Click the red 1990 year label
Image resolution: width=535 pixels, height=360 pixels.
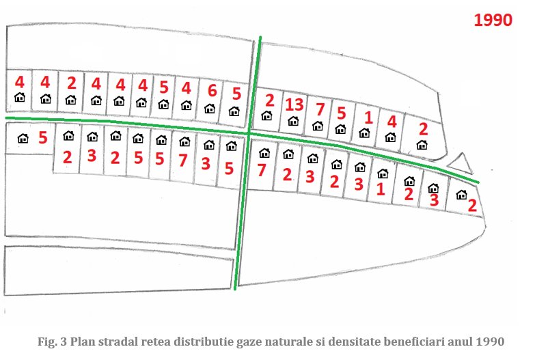coord(493,20)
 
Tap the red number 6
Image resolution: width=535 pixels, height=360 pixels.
coord(212,91)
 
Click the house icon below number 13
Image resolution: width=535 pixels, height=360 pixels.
coord(293,121)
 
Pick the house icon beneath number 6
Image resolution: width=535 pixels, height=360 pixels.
coord(210,108)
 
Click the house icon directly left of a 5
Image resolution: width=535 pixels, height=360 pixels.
coord(23,138)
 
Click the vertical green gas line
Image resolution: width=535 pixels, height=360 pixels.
coord(249,164)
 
